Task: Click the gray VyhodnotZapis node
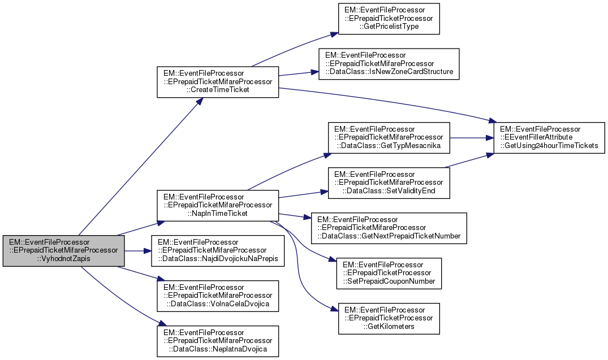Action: click(63, 251)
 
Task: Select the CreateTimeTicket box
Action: click(218, 83)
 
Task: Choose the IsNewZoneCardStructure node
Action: click(389, 64)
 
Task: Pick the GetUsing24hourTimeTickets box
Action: click(546, 137)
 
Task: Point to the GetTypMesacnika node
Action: click(389, 137)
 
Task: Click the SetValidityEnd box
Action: click(389, 183)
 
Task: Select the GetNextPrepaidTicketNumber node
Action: click(389, 228)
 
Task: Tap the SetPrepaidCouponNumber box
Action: click(389, 274)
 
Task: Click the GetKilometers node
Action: click(389, 319)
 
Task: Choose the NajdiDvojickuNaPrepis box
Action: click(218, 251)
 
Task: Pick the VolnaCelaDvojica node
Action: click(218, 296)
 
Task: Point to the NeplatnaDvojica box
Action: click(218, 341)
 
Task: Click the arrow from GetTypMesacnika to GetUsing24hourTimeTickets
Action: click(472, 137)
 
